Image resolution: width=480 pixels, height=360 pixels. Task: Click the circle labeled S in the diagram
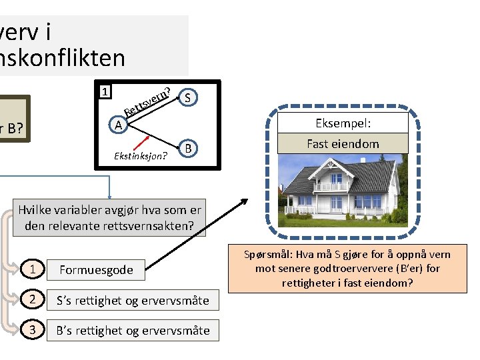click(x=188, y=97)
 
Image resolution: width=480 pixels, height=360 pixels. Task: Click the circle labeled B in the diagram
click(x=189, y=148)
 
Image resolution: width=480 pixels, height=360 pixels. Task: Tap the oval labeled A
click(x=117, y=125)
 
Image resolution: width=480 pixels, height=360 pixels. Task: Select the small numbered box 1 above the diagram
click(x=104, y=91)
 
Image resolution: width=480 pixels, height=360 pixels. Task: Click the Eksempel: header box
click(x=343, y=123)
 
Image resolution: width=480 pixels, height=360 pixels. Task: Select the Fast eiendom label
click(x=343, y=143)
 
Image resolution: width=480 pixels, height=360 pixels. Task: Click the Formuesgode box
click(x=96, y=270)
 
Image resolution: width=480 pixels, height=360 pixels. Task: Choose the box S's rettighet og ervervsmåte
click(x=132, y=301)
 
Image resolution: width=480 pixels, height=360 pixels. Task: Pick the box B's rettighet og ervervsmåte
click(x=132, y=330)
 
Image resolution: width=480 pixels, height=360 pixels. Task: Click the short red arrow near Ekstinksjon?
click(x=140, y=142)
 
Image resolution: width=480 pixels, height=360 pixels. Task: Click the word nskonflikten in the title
click(x=63, y=58)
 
